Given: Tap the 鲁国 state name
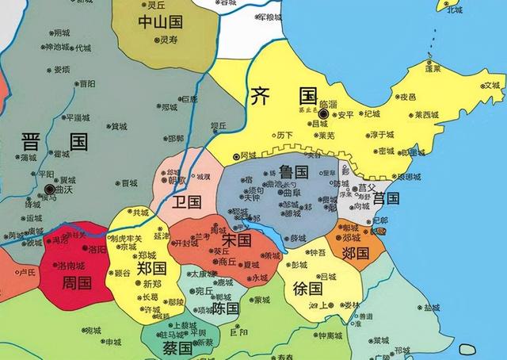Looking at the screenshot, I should (x=295, y=172).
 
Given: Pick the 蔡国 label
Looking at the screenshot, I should (x=175, y=347).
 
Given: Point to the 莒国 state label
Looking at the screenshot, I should (x=386, y=197).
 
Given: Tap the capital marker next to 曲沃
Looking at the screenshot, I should (x=51, y=190).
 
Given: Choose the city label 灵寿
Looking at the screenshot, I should (x=169, y=38).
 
